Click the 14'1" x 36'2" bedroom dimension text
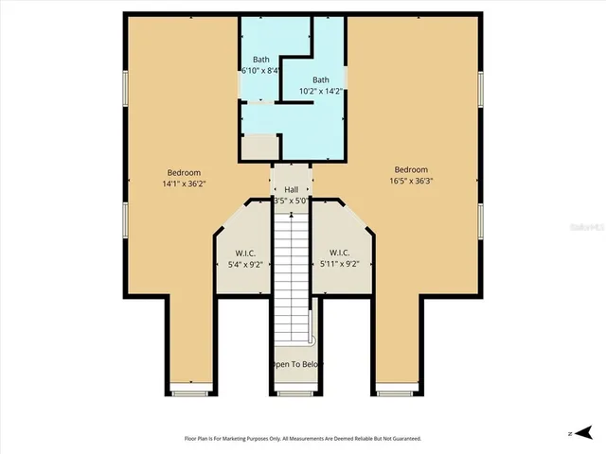[x=184, y=183]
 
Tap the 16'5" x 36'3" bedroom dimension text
[x=411, y=181]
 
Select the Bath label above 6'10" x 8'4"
[x=260, y=60]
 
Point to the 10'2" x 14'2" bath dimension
[x=321, y=92]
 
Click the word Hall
[x=292, y=189]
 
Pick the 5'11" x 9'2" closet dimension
[x=340, y=265]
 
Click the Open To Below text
[x=296, y=364]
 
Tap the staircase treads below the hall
[x=292, y=274]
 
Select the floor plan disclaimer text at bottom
[x=303, y=438]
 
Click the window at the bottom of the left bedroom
[x=191, y=386]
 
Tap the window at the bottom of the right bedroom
[x=392, y=386]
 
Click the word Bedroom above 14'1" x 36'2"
[x=184, y=172]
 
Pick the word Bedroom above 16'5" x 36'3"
[x=411, y=169]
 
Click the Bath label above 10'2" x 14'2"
[x=321, y=80]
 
